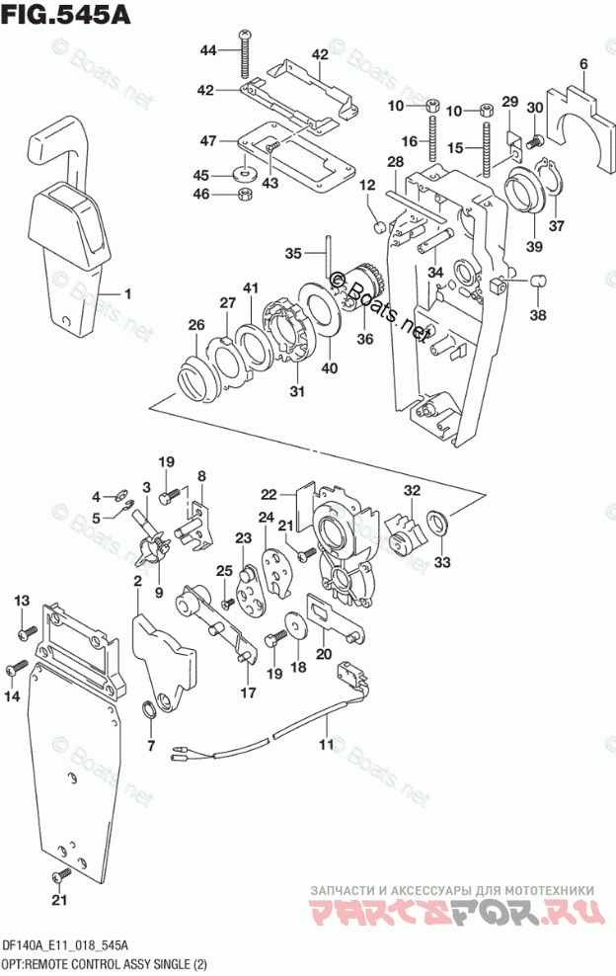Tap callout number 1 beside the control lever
(127, 293)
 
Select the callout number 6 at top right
(583, 65)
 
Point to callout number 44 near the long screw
(207, 50)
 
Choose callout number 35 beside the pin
(292, 254)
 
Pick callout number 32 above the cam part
(412, 491)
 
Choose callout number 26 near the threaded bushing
(196, 324)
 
